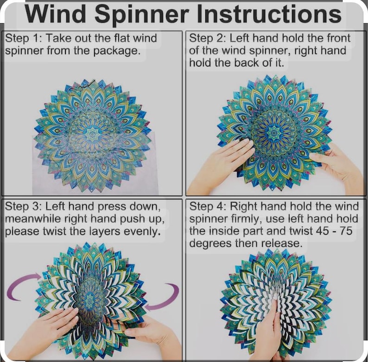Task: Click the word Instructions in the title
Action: click(x=269, y=15)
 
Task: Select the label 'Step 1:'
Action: click(x=23, y=39)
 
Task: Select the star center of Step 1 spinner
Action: click(x=92, y=134)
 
